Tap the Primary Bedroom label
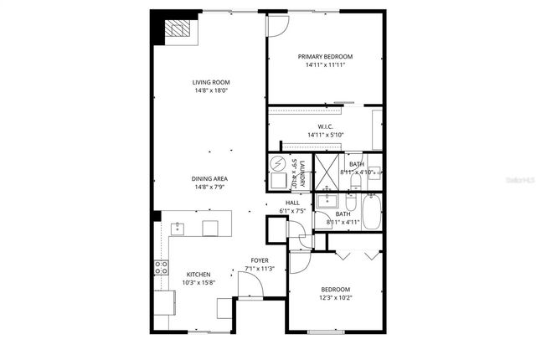click(326, 56)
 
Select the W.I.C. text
click(326, 126)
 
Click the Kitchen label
click(198, 275)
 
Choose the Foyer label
click(260, 260)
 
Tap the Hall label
click(292, 203)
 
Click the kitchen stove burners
click(160, 268)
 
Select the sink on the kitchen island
click(178, 226)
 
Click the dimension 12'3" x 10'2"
click(335, 297)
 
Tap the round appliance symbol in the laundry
click(278, 163)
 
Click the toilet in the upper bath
click(355, 178)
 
